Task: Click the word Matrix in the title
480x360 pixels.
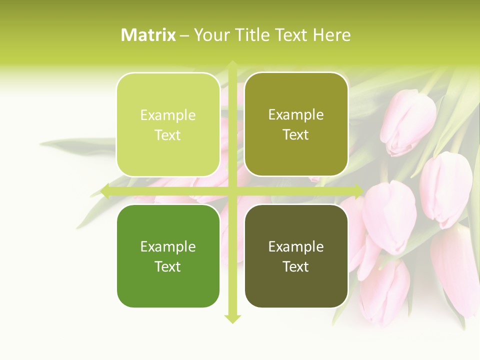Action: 148,35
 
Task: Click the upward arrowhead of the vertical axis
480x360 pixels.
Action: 232,65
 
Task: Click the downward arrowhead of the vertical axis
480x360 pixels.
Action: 232,318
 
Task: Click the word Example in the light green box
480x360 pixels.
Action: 168,115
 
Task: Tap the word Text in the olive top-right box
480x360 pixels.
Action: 296,135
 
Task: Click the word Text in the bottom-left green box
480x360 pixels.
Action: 168,266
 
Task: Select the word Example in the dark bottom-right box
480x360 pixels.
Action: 296,246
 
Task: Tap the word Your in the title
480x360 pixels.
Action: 211,35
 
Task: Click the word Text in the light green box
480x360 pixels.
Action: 168,135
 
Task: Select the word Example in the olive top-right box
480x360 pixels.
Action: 296,115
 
